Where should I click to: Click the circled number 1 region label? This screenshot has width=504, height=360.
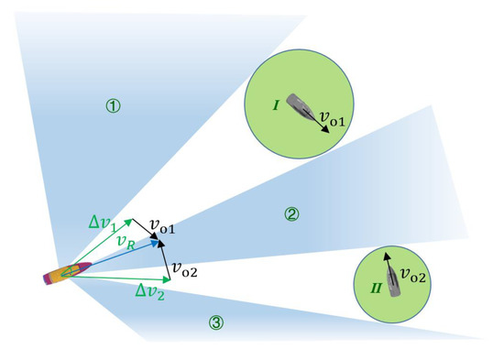113,106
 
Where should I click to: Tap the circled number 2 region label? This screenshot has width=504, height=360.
290,214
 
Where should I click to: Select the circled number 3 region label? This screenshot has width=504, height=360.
215,322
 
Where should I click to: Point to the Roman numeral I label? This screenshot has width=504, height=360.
275,106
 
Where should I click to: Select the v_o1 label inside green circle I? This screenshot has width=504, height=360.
336,114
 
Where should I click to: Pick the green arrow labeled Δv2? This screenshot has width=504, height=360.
119,278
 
